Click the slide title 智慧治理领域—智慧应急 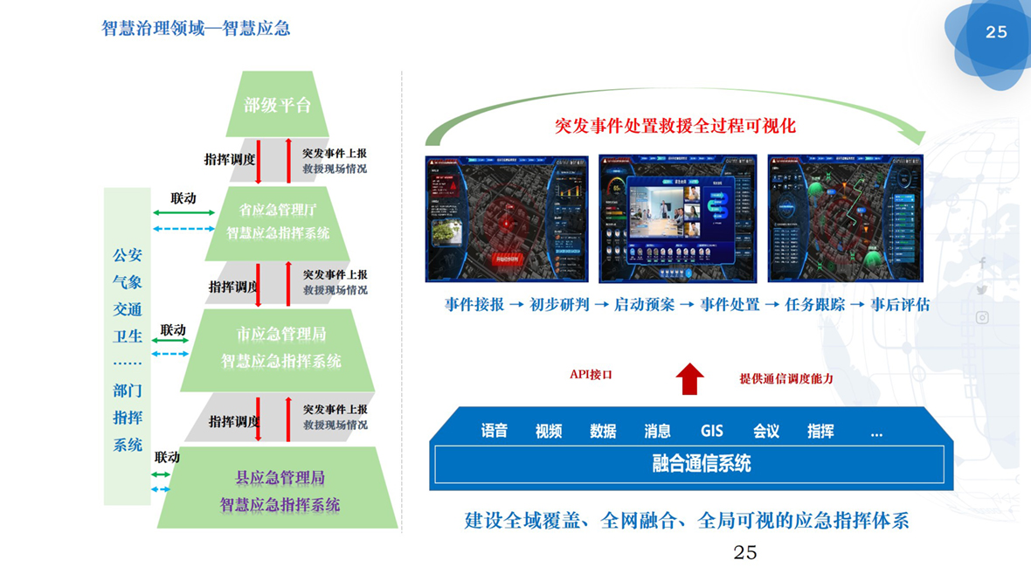196,28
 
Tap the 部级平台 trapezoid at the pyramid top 278,105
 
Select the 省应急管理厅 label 278,211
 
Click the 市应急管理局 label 280,334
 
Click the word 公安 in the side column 128,255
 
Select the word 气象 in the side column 128,282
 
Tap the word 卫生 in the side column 128,335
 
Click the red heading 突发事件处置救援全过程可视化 675,125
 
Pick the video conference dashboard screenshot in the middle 678,218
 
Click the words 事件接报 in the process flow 474,305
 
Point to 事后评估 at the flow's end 900,305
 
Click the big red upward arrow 690,378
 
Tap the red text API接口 591,375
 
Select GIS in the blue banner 711,431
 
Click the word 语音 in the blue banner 495,431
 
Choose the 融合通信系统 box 689,464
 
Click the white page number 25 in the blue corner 996,32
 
